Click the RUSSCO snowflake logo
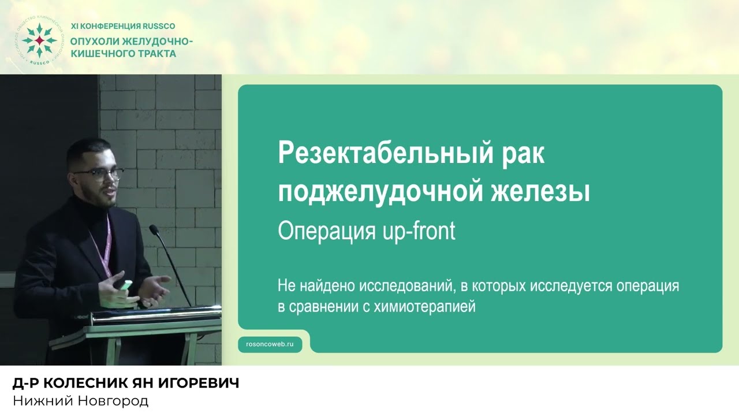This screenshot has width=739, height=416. coord(39,40)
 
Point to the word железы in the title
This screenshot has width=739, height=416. coord(540,191)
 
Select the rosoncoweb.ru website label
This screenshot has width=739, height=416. coord(270,344)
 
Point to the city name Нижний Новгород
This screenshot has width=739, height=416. coord(80,401)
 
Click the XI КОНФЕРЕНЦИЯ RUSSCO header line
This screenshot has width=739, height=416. coord(122,27)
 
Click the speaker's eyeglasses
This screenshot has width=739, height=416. coord(99,174)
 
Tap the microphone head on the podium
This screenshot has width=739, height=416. coord(154,231)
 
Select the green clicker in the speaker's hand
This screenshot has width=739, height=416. coord(126,284)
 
